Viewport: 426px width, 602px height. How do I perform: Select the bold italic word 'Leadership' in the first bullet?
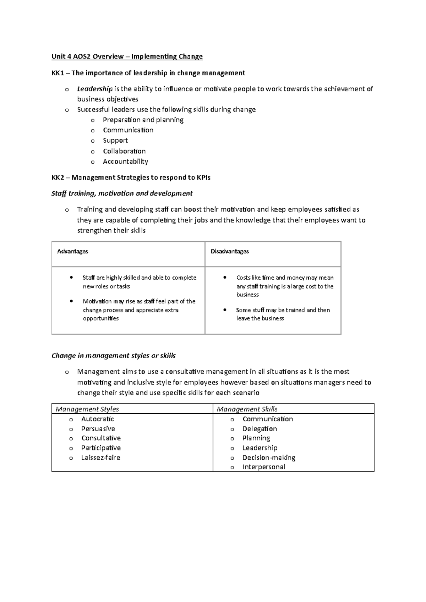pyautogui.click(x=95, y=89)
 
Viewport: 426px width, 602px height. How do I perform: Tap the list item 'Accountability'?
pyautogui.click(x=125, y=162)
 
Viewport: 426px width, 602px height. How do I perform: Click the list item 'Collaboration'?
pyautogui.click(x=124, y=151)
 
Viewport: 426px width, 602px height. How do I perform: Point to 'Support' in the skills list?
pyautogui.click(x=115, y=141)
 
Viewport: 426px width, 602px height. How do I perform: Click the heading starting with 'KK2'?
pyautogui.click(x=131, y=177)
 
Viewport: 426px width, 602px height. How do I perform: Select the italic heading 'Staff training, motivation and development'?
pyautogui.click(x=122, y=193)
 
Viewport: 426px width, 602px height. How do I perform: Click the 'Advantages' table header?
pyautogui.click(x=72, y=251)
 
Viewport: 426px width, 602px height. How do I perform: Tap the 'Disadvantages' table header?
pyautogui.click(x=230, y=251)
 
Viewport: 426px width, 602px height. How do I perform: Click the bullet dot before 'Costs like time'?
pyautogui.click(x=225, y=277)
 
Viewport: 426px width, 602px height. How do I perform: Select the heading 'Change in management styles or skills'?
pyautogui.click(x=114, y=356)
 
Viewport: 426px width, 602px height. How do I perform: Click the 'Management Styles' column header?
pyautogui.click(x=87, y=409)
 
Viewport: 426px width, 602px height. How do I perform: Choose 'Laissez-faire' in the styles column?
pyautogui.click(x=100, y=458)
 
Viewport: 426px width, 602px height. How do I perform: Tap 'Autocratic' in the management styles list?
pyautogui.click(x=98, y=419)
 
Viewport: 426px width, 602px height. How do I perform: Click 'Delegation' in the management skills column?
pyautogui.click(x=260, y=429)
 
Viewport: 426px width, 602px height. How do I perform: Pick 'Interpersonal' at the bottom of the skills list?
pyautogui.click(x=263, y=467)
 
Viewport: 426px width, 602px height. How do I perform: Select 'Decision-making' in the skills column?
pyautogui.click(x=269, y=458)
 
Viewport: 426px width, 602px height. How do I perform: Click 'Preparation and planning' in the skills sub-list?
pyautogui.click(x=143, y=120)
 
